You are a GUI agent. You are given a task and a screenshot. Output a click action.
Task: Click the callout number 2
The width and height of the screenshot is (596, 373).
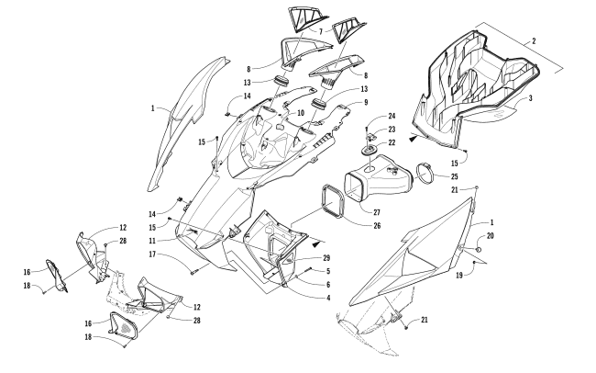pos(534,40)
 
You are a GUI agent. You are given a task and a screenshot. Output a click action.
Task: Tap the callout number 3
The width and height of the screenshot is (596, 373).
pos(531,98)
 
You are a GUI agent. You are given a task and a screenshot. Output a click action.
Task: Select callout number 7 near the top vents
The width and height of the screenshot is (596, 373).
pos(321,31)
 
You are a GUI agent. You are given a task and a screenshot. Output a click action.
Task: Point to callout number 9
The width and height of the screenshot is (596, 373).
pos(366,102)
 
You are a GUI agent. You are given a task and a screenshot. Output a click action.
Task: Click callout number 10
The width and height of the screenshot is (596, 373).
pos(301,113)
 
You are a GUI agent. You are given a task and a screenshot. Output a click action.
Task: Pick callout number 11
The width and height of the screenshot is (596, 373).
pos(152,241)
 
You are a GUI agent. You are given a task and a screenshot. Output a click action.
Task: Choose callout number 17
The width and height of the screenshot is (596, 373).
pos(152,254)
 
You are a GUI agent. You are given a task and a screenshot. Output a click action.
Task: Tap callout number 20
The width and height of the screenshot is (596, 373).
pos(490,236)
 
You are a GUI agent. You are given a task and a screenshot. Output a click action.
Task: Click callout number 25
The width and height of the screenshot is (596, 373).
pos(454,176)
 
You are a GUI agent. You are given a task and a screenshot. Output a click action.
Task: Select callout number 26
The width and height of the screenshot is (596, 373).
pos(377,226)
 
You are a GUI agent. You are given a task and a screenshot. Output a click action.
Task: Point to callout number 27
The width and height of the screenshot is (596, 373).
pos(376,212)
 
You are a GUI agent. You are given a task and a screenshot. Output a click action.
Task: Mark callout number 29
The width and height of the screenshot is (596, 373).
pos(326,258)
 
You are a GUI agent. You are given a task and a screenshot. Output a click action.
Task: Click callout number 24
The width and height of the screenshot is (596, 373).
pos(392,116)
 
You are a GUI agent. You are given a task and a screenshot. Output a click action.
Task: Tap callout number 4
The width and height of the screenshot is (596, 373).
pos(327,298)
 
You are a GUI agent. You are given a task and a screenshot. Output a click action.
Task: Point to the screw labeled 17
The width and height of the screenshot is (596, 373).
pos(195,272)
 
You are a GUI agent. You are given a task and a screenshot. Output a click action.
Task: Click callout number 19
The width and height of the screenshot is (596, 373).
pos(459,275)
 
